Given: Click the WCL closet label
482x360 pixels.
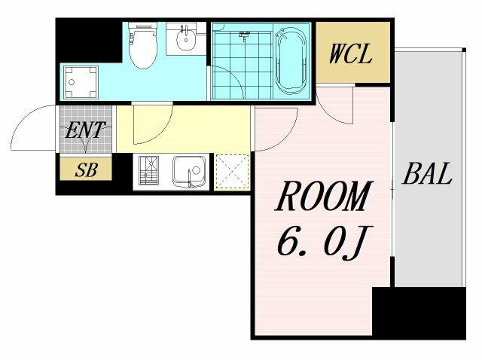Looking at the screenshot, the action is [350, 54].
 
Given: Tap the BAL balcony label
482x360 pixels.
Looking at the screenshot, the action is [427, 174].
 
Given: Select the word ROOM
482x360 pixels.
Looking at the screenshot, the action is [324, 196].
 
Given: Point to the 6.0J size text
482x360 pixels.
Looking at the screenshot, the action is [325, 243].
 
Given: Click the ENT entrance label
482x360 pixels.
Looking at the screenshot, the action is [85, 130].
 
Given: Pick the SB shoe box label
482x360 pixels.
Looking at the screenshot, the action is [87, 169].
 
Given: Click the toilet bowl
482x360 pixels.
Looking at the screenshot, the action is [142, 45].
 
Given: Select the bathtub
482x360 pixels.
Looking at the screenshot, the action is [291, 61].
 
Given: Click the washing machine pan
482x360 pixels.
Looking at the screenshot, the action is [81, 82].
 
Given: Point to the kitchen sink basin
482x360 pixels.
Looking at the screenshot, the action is [189, 172].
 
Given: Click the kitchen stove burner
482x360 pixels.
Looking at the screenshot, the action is [149, 171].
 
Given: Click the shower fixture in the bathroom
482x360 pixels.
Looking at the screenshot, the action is [244, 35].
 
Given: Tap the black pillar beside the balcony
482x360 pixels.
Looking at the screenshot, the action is [419, 313].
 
